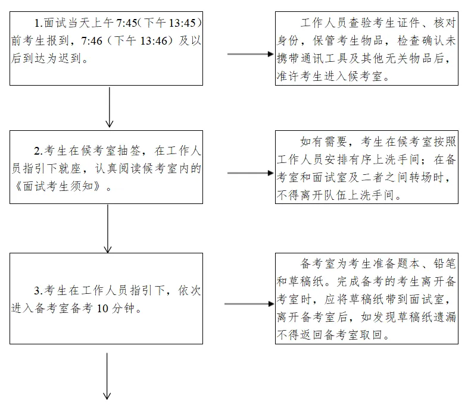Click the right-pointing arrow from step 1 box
pyautogui.click(x=250, y=54)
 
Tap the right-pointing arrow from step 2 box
pyautogui.click(x=250, y=174)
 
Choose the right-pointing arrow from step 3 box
pyautogui.click(x=248, y=304)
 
